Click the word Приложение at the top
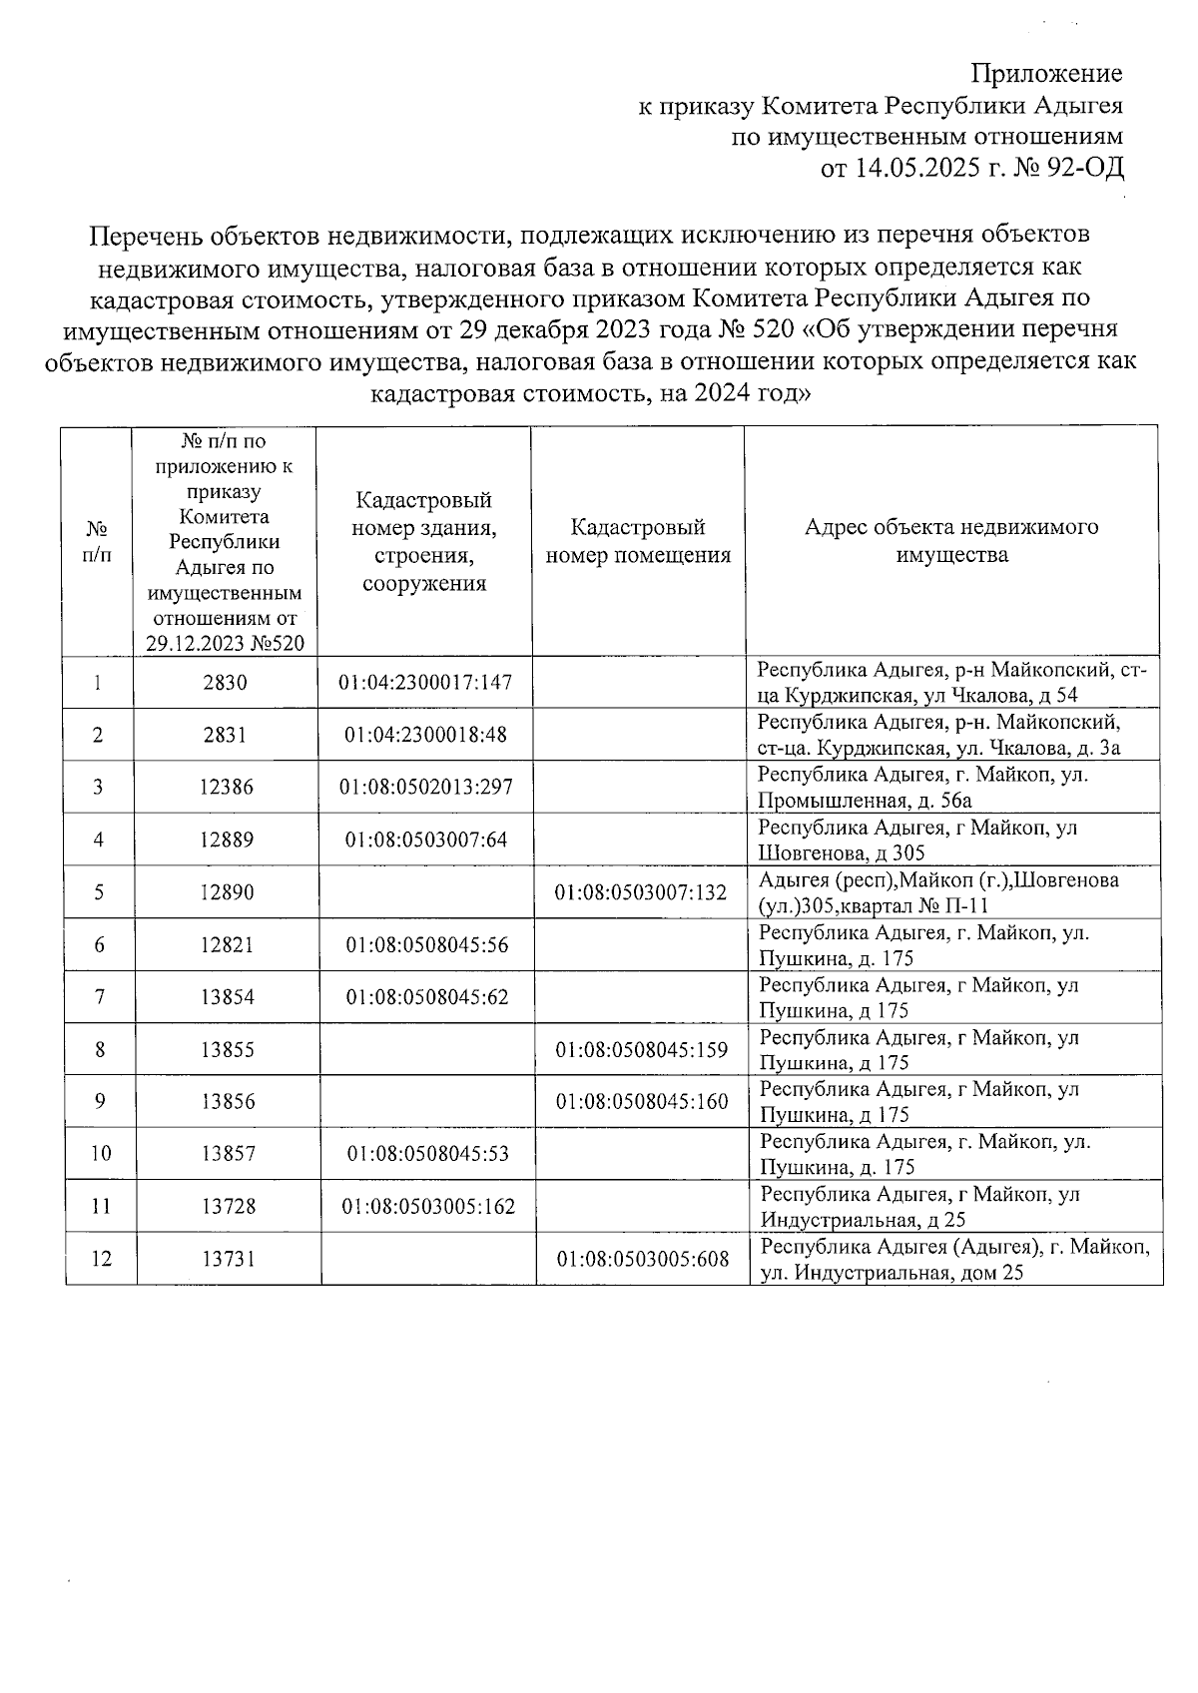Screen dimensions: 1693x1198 pyautogui.click(x=1047, y=74)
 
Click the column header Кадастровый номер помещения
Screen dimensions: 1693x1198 pyautogui.click(x=638, y=541)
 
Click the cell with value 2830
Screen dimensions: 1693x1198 pyautogui.click(x=225, y=683)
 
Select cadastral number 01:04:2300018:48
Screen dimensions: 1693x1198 pyautogui.click(x=425, y=735)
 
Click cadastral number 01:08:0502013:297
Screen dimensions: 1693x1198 pyautogui.click(x=425, y=787)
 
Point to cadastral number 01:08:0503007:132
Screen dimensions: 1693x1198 pyautogui.click(x=641, y=892)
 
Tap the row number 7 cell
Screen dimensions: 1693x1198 pyautogui.click(x=99, y=996)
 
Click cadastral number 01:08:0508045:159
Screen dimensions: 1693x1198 pyautogui.click(x=641, y=1049)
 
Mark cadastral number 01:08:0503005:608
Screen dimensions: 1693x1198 pyautogui.click(x=642, y=1259)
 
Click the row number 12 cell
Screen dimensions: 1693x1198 pyautogui.click(x=101, y=1259)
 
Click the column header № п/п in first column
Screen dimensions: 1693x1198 pyautogui.click(x=97, y=541)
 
